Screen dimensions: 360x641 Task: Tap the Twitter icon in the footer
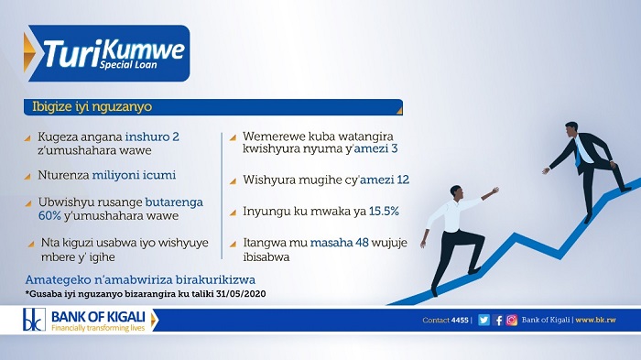482,321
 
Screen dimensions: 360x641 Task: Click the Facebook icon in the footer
498,321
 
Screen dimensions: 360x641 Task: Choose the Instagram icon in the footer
512,321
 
